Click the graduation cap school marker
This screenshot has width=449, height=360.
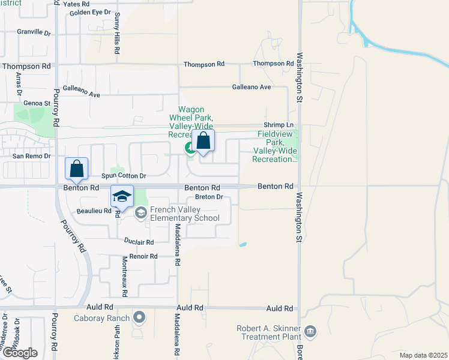122,196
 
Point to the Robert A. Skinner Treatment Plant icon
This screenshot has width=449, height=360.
310,331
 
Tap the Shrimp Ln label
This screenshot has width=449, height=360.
282,125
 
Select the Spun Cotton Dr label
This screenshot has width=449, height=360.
123,176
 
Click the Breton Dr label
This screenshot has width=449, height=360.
209,197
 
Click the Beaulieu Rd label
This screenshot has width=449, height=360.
94,211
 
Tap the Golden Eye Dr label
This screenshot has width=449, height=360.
91,12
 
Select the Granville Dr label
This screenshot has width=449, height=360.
34,32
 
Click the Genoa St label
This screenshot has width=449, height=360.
38,103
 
